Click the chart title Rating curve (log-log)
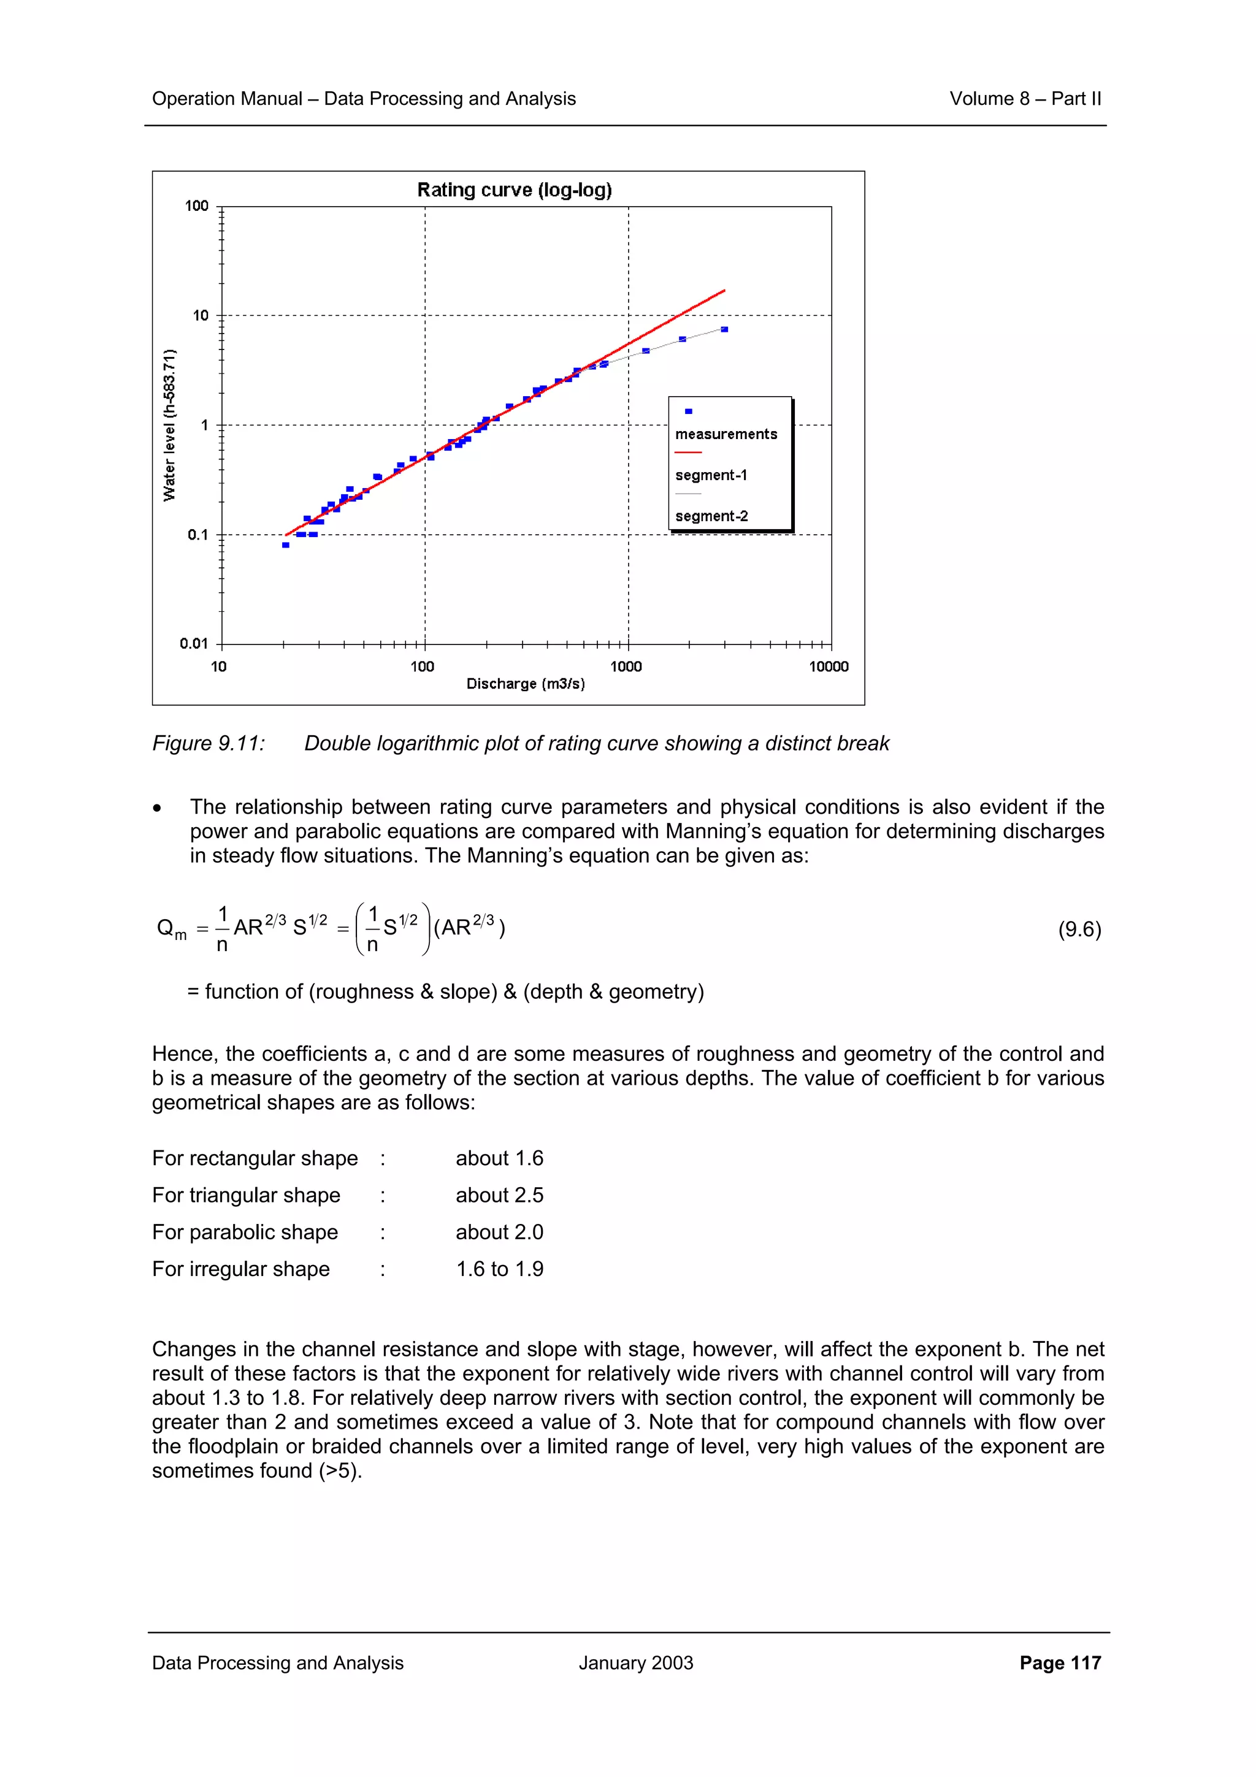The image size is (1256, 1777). [x=514, y=189]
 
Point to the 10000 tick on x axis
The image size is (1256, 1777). [x=829, y=667]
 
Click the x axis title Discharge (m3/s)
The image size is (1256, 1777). [x=526, y=684]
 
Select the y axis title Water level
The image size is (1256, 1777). [x=169, y=425]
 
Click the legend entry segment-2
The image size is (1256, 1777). [x=711, y=516]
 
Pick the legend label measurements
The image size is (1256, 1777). [x=726, y=434]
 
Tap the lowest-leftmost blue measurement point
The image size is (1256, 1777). [x=286, y=545]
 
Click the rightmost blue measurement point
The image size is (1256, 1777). [x=724, y=330]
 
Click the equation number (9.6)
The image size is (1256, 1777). [x=1079, y=929]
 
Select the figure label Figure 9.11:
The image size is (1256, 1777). [x=208, y=743]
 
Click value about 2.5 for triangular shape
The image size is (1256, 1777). [x=499, y=1195]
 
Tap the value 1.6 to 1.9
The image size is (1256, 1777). [x=499, y=1269]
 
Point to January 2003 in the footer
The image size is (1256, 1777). [x=635, y=1662]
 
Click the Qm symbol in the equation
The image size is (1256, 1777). [x=171, y=929]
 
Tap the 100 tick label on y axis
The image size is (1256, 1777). [x=197, y=206]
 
